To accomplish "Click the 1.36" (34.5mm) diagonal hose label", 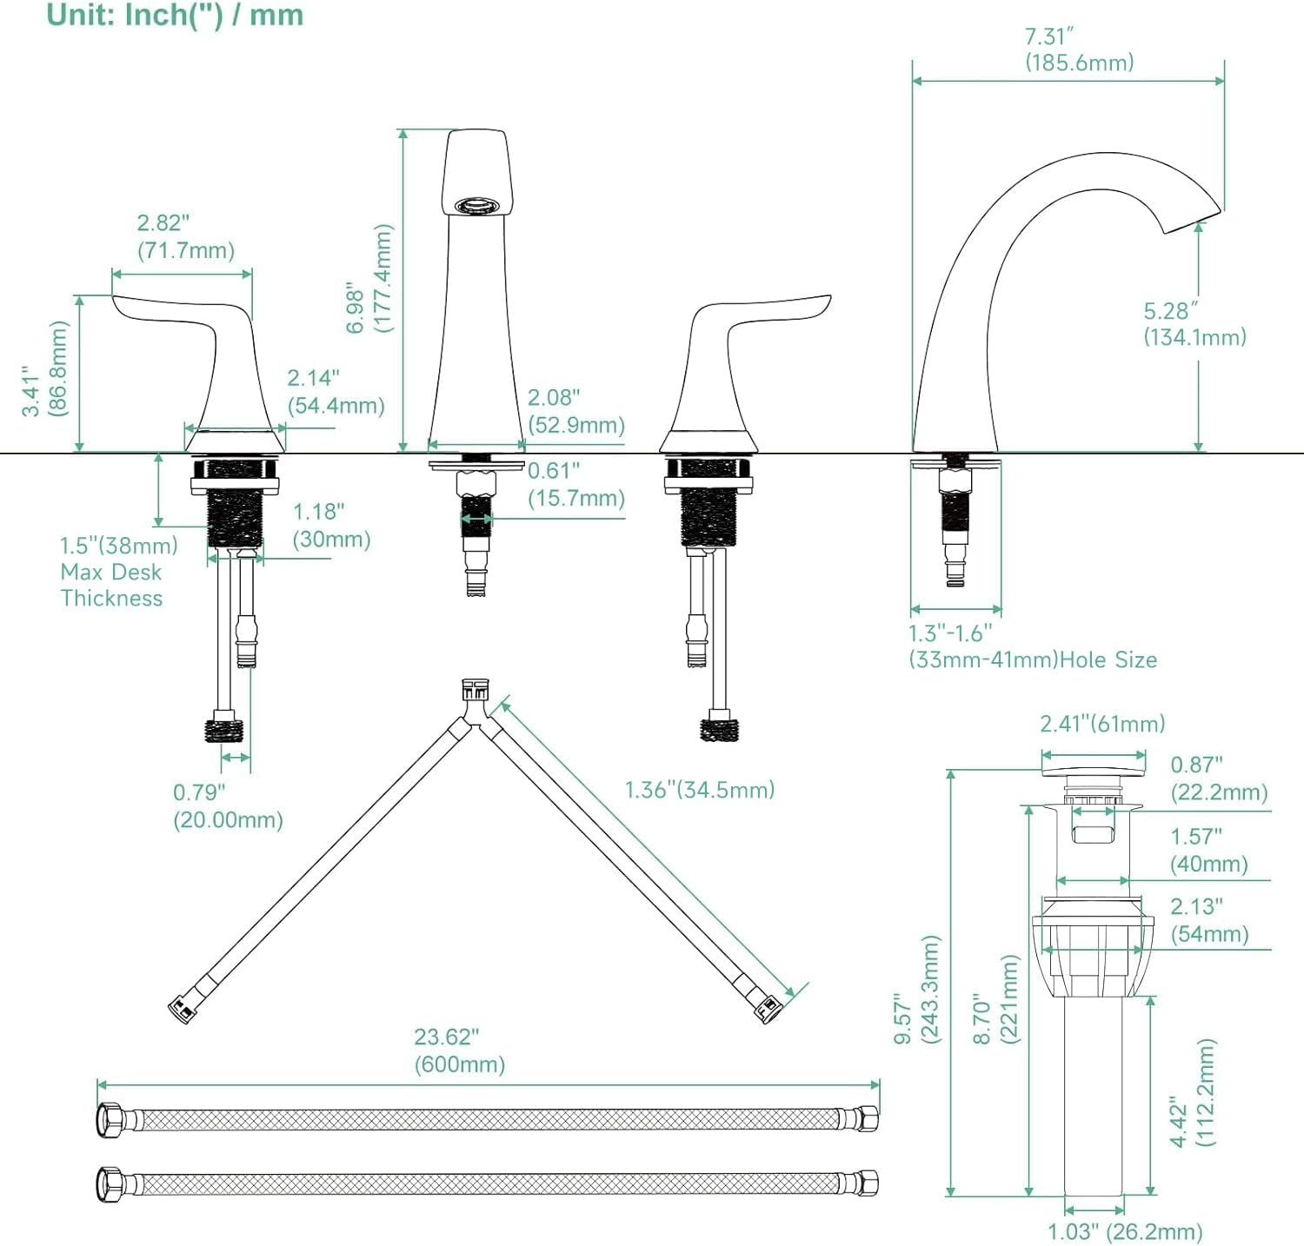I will (699, 790).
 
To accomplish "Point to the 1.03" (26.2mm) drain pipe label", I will (1124, 1232).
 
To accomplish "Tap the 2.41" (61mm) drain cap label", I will (1102, 724).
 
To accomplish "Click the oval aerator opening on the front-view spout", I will (477, 206).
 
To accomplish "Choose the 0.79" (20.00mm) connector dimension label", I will (228, 806).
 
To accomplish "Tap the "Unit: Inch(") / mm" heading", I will (175, 16).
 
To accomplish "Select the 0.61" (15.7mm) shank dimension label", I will (575, 485).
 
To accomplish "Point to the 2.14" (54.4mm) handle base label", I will (336, 392).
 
